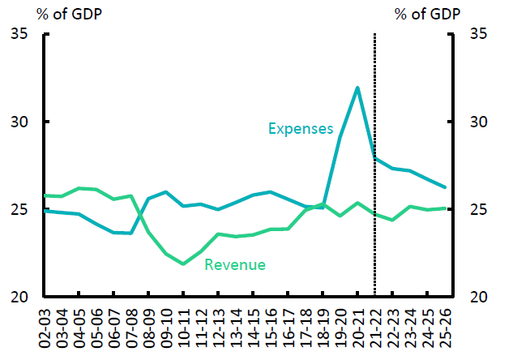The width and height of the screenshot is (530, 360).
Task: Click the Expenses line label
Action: tap(301, 128)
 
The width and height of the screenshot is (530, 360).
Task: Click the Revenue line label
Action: tap(235, 264)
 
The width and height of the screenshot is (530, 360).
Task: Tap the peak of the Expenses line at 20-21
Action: tap(357, 88)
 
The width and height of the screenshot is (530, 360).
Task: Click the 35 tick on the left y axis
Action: tap(19, 34)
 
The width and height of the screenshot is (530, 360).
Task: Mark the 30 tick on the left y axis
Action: tap(19, 122)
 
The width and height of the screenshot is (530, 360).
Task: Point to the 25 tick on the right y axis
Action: tap(478, 210)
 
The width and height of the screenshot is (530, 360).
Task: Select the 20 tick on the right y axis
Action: tap(478, 298)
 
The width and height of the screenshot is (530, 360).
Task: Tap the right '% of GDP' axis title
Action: tap(428, 13)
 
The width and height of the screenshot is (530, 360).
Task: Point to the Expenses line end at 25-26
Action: tap(444, 187)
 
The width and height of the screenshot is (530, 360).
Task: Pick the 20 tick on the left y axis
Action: tap(19, 298)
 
